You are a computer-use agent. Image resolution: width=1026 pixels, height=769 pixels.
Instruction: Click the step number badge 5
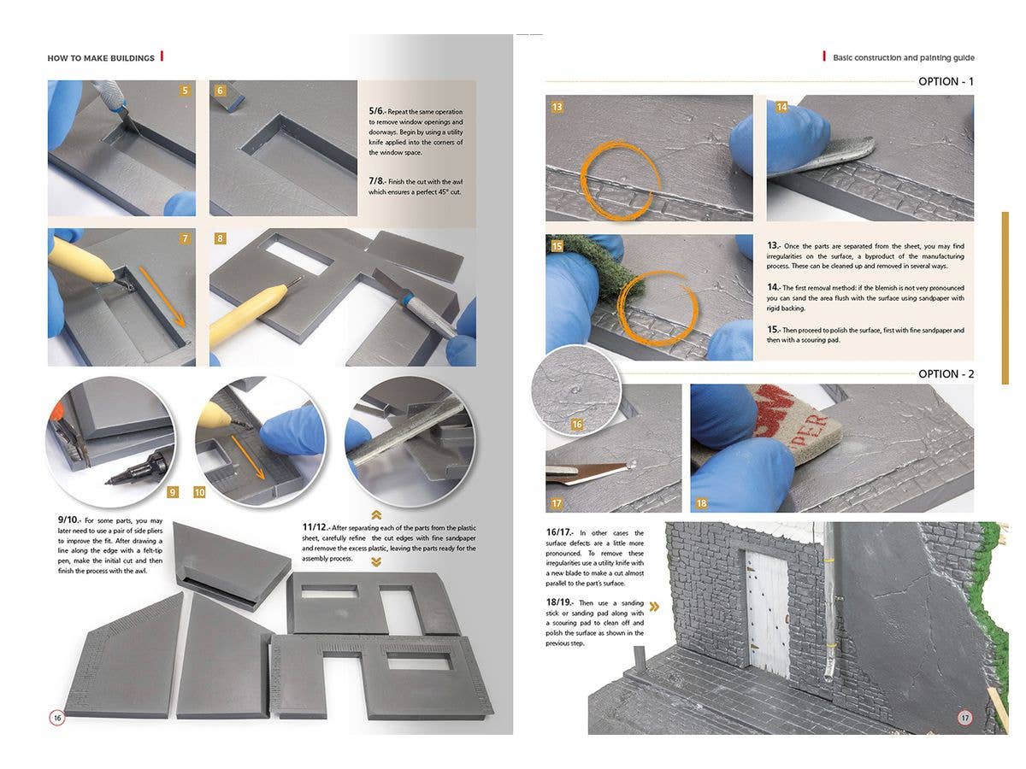[x=185, y=91]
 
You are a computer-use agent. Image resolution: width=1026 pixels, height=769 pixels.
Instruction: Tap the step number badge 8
[x=221, y=238]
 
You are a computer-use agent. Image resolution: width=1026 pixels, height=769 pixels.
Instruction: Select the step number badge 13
[x=557, y=107]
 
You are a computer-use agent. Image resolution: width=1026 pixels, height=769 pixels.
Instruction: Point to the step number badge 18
[x=701, y=503]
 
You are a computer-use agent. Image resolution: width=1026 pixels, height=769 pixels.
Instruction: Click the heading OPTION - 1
[x=946, y=82]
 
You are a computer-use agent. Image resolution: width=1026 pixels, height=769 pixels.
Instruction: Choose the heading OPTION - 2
[x=946, y=374]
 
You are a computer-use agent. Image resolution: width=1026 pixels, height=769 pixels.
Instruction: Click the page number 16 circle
[x=56, y=718]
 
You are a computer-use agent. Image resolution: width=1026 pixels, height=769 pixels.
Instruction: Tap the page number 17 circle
[x=964, y=718]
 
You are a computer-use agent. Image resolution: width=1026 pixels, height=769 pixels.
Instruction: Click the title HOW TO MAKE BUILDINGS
[x=101, y=58]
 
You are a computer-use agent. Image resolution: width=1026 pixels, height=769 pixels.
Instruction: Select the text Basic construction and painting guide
[x=903, y=58]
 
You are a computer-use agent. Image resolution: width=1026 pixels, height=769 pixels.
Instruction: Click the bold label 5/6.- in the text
[x=377, y=111]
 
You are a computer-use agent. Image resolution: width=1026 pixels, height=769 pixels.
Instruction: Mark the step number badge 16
[x=577, y=425]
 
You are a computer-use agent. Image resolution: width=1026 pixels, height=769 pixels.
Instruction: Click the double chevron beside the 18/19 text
[x=654, y=607]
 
